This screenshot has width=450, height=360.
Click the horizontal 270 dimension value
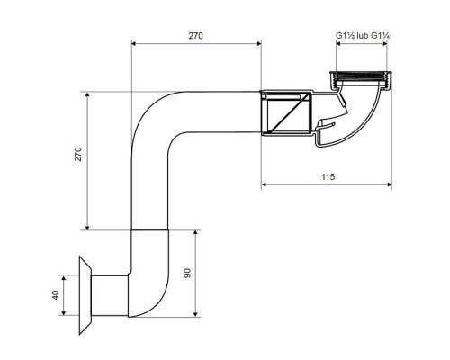click(195, 36)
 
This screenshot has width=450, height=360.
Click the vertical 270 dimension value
click(78, 154)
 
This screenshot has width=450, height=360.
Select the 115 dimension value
click(328, 177)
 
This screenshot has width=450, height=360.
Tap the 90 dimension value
click(187, 273)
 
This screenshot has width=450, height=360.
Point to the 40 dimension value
click(56, 295)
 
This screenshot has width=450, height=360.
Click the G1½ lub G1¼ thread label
click(363, 36)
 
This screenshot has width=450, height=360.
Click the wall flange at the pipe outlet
click(85, 295)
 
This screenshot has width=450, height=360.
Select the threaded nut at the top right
click(360, 79)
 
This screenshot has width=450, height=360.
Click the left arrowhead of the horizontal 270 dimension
click(134, 43)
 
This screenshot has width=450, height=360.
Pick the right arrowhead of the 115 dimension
click(390, 184)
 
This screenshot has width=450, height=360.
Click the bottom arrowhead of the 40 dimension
click(63, 312)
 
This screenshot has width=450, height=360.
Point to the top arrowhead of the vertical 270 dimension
click(87, 94)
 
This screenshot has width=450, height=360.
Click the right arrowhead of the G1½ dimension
click(384, 43)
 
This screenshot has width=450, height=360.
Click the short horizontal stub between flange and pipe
click(110, 295)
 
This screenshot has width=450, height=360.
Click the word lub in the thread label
click(363, 36)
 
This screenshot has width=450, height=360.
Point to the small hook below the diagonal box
click(325, 125)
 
